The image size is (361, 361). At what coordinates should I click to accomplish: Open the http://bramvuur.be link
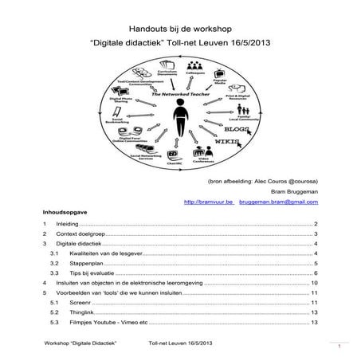[208, 203]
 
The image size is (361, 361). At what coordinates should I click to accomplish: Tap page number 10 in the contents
[315, 283]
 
